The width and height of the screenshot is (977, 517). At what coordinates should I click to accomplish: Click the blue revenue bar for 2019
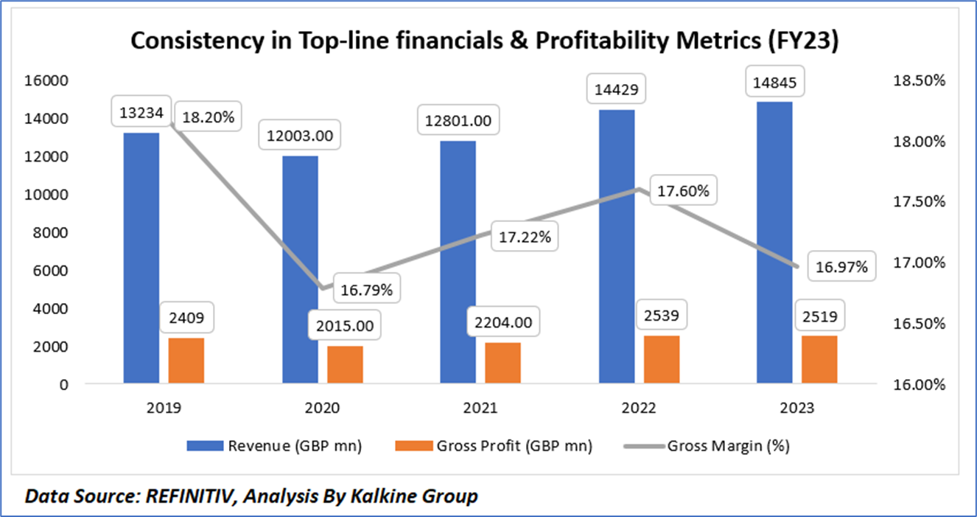pyautogui.click(x=141, y=258)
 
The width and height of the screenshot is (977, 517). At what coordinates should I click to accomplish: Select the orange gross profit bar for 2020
pyautogui.click(x=346, y=365)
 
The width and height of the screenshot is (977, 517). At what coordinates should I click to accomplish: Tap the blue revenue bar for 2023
pyautogui.click(x=775, y=243)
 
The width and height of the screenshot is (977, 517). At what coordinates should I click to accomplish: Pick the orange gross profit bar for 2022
pyautogui.click(x=662, y=360)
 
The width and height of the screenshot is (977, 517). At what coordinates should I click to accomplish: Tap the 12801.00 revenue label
pyautogui.click(x=459, y=119)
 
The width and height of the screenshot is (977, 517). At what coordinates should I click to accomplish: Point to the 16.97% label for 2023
pyautogui.click(x=841, y=267)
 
